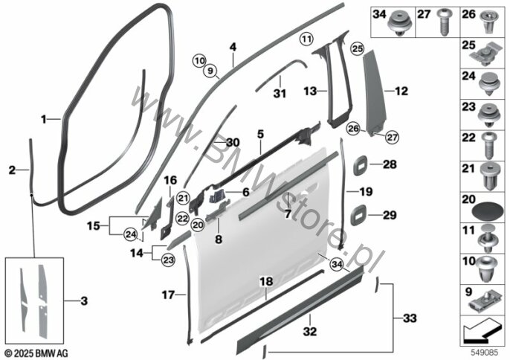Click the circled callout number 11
306,39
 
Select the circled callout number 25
357,49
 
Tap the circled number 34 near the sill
337,264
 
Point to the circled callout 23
168,260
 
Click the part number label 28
390,164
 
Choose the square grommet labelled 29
359,215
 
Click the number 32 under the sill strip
309,331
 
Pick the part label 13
310,91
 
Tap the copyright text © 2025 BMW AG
37,353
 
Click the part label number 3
84,300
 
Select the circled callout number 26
353,128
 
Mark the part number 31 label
280,94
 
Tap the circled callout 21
183,198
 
